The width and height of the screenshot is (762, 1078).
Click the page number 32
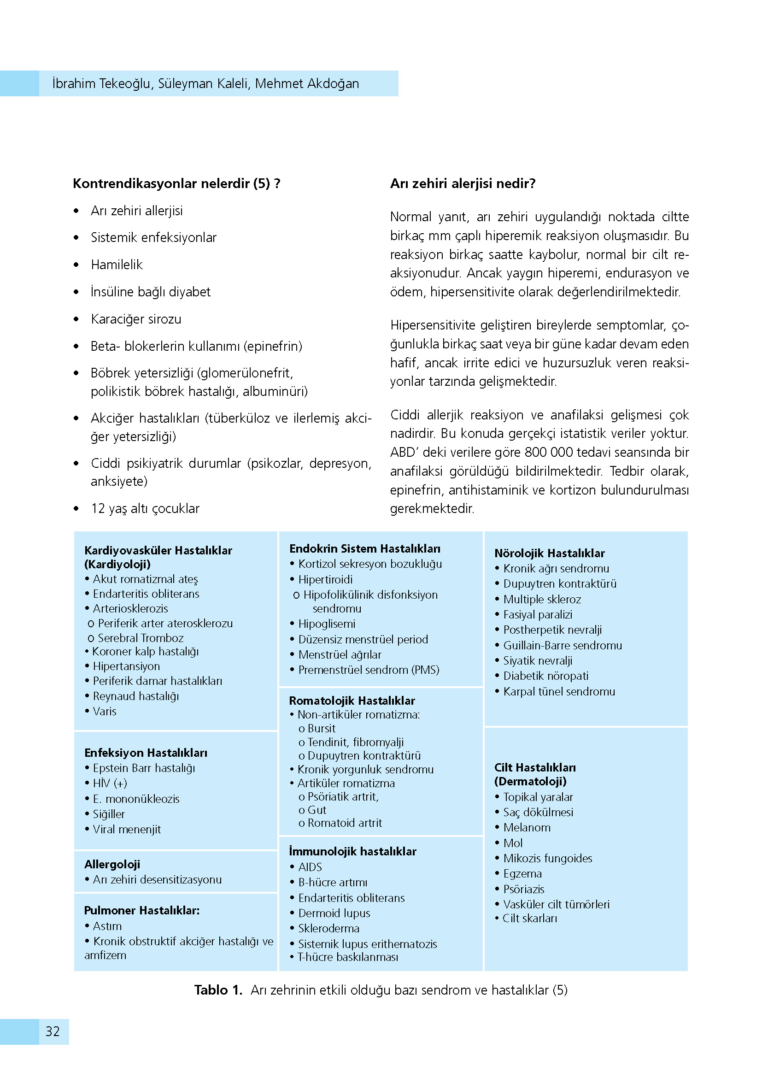point(53,1031)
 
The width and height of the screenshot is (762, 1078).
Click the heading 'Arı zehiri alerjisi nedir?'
point(463,183)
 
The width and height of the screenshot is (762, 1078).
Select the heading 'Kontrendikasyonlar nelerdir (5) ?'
point(176,183)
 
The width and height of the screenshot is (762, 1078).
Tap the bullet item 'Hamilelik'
point(117,265)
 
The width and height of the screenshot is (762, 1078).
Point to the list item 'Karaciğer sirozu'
point(136,319)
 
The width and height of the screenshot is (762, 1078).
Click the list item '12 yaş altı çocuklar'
point(145,508)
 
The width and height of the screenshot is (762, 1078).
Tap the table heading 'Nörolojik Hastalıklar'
point(550,553)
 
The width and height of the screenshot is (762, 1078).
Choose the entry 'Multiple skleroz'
point(542,600)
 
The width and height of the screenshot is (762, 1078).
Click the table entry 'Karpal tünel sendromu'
point(559,692)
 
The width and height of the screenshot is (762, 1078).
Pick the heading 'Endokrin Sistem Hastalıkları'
point(364,549)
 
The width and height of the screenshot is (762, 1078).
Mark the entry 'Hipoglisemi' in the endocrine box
point(327,624)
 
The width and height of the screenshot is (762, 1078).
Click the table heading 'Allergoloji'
point(112,864)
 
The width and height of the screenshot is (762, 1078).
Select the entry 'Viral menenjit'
point(127,830)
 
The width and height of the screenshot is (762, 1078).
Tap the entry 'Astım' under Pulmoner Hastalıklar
point(107,926)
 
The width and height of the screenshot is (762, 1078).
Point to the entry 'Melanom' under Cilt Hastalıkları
point(527,828)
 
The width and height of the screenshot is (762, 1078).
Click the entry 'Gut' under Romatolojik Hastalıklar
point(317,810)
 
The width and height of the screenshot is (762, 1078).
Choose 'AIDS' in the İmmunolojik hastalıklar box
point(310,867)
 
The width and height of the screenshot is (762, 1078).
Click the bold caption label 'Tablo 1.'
point(218,990)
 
